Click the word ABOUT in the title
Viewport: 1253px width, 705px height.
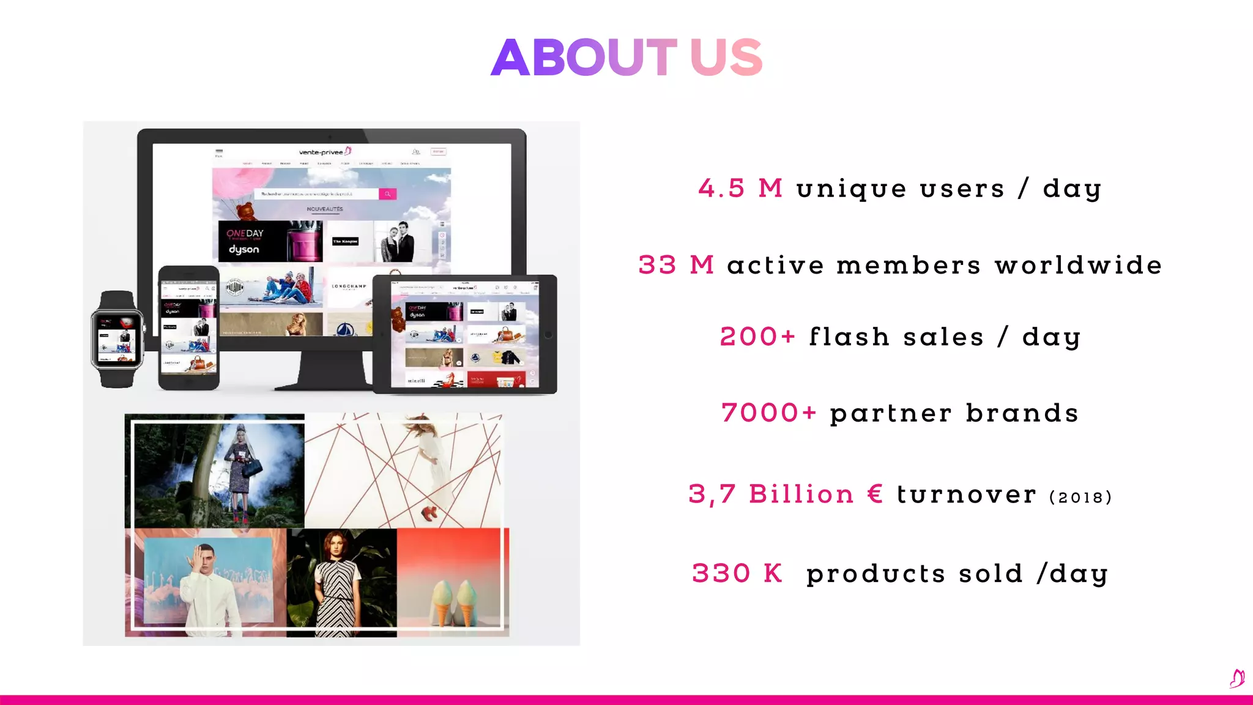click(x=583, y=58)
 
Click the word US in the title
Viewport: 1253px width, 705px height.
click(x=726, y=58)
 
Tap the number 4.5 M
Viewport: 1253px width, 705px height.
click(x=740, y=188)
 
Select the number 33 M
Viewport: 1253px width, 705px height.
click(x=675, y=265)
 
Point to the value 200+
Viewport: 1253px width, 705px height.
click(x=757, y=337)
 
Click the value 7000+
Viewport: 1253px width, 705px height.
click(x=768, y=413)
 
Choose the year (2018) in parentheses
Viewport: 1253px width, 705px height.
click(x=1080, y=497)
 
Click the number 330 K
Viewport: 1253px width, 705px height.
click(x=737, y=573)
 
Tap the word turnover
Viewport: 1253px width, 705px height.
click(x=967, y=494)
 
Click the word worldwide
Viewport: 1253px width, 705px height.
click(x=1078, y=265)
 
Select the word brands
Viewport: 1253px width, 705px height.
click(x=1022, y=413)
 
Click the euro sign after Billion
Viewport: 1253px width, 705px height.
click(x=876, y=493)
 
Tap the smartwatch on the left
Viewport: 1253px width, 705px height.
click(x=117, y=338)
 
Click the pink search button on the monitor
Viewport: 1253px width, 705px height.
click(x=387, y=194)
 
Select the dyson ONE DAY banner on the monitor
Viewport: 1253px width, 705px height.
click(x=270, y=241)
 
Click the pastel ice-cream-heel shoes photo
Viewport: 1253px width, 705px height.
click(x=453, y=581)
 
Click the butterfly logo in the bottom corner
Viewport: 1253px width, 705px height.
click(x=1236, y=678)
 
